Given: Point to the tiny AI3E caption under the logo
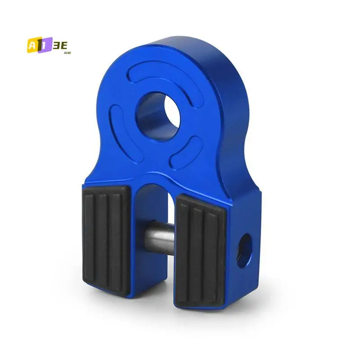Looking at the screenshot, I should [67, 53].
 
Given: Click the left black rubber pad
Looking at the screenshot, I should [106, 238].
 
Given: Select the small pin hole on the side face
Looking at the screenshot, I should [245, 251].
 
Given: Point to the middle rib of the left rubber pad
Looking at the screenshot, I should [104, 238].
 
